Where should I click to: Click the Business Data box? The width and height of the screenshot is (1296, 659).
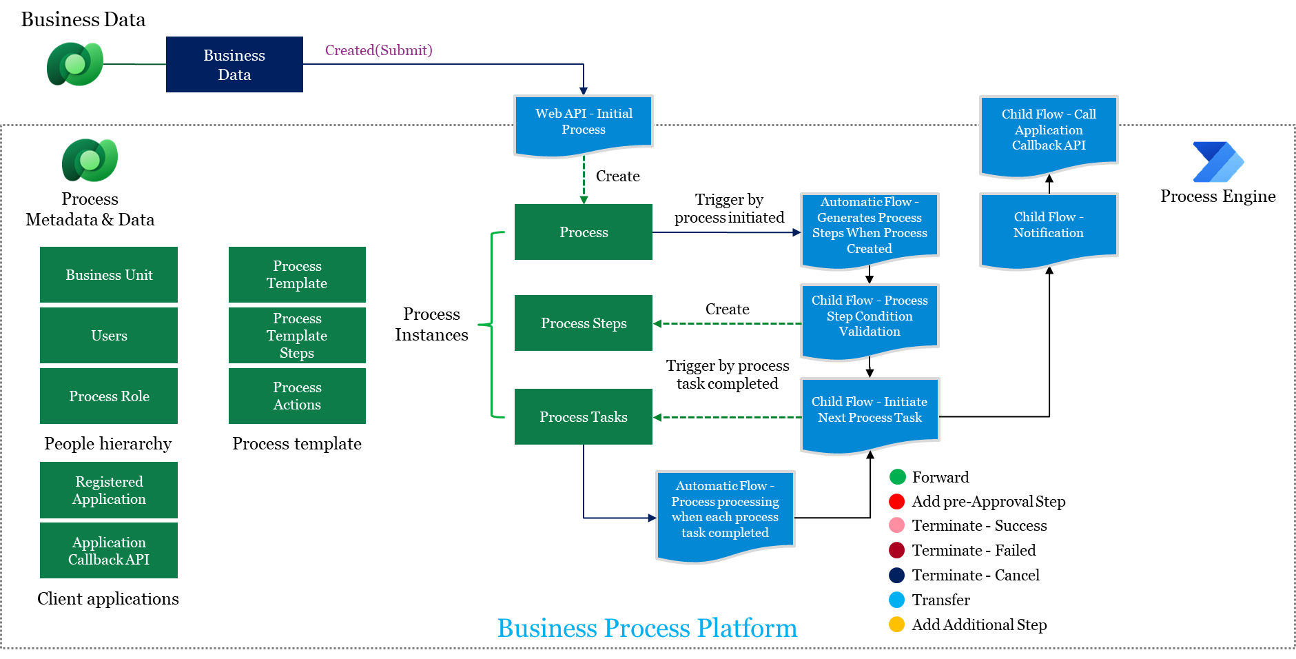234,64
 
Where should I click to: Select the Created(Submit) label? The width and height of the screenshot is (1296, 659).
378,50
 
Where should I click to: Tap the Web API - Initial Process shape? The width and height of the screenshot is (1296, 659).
584,122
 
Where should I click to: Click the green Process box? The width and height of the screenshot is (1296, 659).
584,232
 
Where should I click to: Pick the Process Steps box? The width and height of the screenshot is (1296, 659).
584,323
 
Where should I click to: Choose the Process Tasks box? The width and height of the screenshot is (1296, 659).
584,416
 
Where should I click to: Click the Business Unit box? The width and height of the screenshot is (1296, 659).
109,274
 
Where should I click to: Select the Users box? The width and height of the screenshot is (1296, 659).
109,335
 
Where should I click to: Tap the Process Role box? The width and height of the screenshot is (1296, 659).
109,396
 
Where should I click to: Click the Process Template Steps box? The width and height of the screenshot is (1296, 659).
297,335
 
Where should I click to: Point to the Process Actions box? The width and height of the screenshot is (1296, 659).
297,396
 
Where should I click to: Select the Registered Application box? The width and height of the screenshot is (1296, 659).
109,489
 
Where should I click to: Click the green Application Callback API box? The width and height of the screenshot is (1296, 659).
109,550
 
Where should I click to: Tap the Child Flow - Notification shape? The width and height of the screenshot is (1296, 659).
1049,226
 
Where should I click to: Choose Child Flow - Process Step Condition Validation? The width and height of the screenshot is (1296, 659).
870,316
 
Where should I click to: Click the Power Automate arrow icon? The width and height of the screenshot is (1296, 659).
1217,162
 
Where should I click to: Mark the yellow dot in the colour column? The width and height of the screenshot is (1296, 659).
896,625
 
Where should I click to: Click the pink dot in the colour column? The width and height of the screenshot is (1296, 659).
896,525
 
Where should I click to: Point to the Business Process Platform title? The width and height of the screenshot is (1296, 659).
647,628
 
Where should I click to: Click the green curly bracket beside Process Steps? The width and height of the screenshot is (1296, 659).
492,324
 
